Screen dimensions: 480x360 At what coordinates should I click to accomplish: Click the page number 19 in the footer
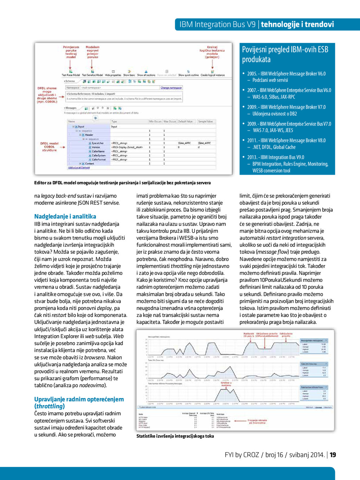pos(333,455)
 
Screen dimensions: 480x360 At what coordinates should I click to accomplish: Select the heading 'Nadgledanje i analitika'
pos(65,216)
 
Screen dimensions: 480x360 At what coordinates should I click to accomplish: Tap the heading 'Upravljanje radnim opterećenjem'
pos(79,399)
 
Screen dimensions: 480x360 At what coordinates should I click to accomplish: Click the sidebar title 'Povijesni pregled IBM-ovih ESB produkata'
pos(285,54)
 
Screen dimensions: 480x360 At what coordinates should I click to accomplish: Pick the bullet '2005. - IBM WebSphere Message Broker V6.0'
pos(286,73)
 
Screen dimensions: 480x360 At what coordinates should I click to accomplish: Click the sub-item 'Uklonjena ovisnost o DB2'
pos(275,113)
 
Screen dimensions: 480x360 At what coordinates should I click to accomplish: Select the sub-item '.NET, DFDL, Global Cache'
pos(274,147)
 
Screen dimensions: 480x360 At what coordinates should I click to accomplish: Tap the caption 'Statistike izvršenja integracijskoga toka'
pos(175,436)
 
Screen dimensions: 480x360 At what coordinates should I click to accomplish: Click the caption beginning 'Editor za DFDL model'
pos(122,183)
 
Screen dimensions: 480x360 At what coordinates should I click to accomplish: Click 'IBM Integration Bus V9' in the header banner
pos(217,24)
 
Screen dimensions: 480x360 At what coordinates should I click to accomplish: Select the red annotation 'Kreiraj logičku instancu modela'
pos(212,52)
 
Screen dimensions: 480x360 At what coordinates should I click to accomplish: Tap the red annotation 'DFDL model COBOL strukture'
pos(49,147)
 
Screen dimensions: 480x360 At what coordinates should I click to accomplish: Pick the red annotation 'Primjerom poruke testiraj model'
pos(71,52)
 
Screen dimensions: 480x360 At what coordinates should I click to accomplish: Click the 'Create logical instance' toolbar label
pos(212,75)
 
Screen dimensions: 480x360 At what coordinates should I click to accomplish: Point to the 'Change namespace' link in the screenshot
pos(171,88)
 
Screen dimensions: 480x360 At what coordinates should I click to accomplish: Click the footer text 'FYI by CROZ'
pos(242,455)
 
